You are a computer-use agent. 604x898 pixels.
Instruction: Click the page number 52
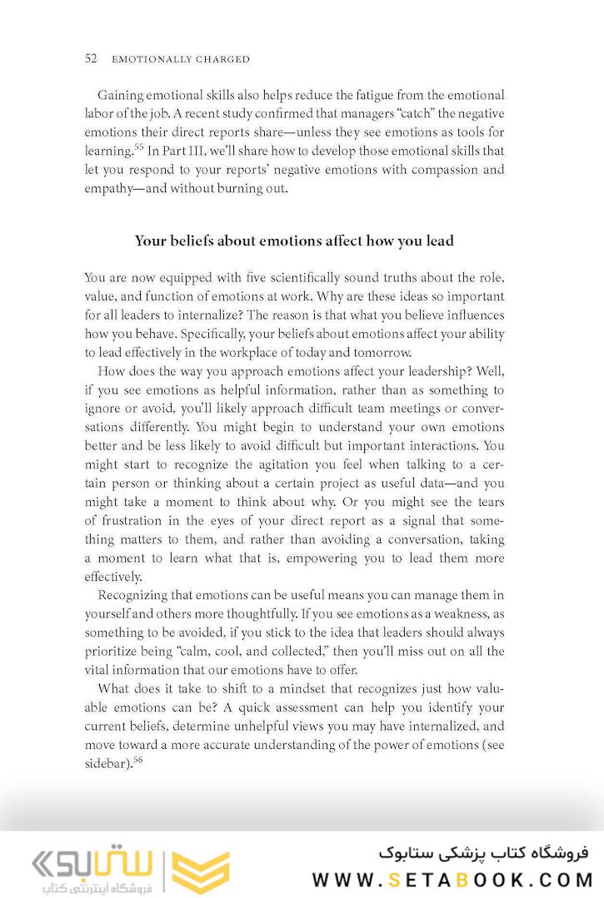(92, 59)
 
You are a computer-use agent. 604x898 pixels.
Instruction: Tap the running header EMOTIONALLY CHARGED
(181, 60)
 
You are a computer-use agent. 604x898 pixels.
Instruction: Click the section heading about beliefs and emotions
(294, 241)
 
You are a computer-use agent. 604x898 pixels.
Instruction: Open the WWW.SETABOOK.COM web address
(453, 879)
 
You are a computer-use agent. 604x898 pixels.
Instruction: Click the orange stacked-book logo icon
(200, 871)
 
